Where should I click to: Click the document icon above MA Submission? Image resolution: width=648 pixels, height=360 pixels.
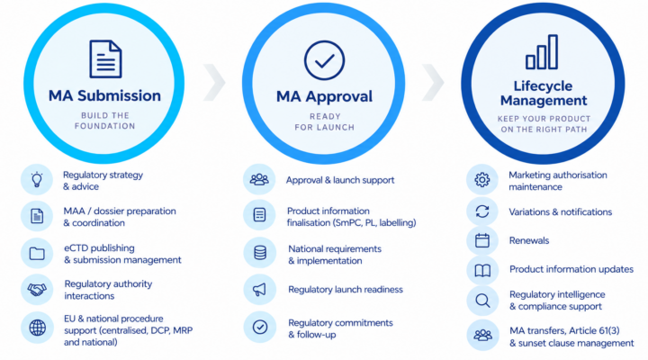click(105, 58)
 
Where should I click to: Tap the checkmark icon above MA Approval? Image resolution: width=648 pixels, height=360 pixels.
click(324, 60)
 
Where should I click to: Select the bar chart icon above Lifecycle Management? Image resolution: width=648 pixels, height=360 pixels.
click(542, 52)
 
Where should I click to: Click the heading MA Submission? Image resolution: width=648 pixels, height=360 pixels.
click(104, 95)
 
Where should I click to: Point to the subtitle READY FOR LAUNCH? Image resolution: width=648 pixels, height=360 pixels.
click(324, 121)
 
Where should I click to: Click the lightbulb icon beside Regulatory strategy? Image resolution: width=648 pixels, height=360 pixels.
click(37, 180)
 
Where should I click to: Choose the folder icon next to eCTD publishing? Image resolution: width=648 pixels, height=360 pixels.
click(37, 254)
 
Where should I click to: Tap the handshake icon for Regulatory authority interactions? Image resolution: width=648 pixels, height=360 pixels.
click(37, 289)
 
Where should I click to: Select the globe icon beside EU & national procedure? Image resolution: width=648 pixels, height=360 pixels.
click(37, 328)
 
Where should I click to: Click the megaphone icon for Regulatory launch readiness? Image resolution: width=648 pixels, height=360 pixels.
click(259, 290)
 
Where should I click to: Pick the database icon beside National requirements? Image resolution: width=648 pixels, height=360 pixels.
click(260, 253)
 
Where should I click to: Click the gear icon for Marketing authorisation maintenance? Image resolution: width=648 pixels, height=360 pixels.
click(481, 180)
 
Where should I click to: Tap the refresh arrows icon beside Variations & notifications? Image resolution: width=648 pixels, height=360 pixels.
click(482, 211)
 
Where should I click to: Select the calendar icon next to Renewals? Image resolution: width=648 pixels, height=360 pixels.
click(482, 240)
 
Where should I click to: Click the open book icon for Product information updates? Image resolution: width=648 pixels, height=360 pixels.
click(482, 270)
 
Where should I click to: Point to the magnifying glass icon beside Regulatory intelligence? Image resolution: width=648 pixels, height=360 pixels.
click(482, 301)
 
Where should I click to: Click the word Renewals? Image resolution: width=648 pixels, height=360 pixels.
click(529, 240)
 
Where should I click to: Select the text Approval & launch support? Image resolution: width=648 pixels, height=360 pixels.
click(340, 180)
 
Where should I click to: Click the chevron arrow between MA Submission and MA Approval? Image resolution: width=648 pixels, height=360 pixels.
click(214, 82)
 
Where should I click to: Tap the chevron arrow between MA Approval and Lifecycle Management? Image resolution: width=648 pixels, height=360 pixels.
click(433, 82)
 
